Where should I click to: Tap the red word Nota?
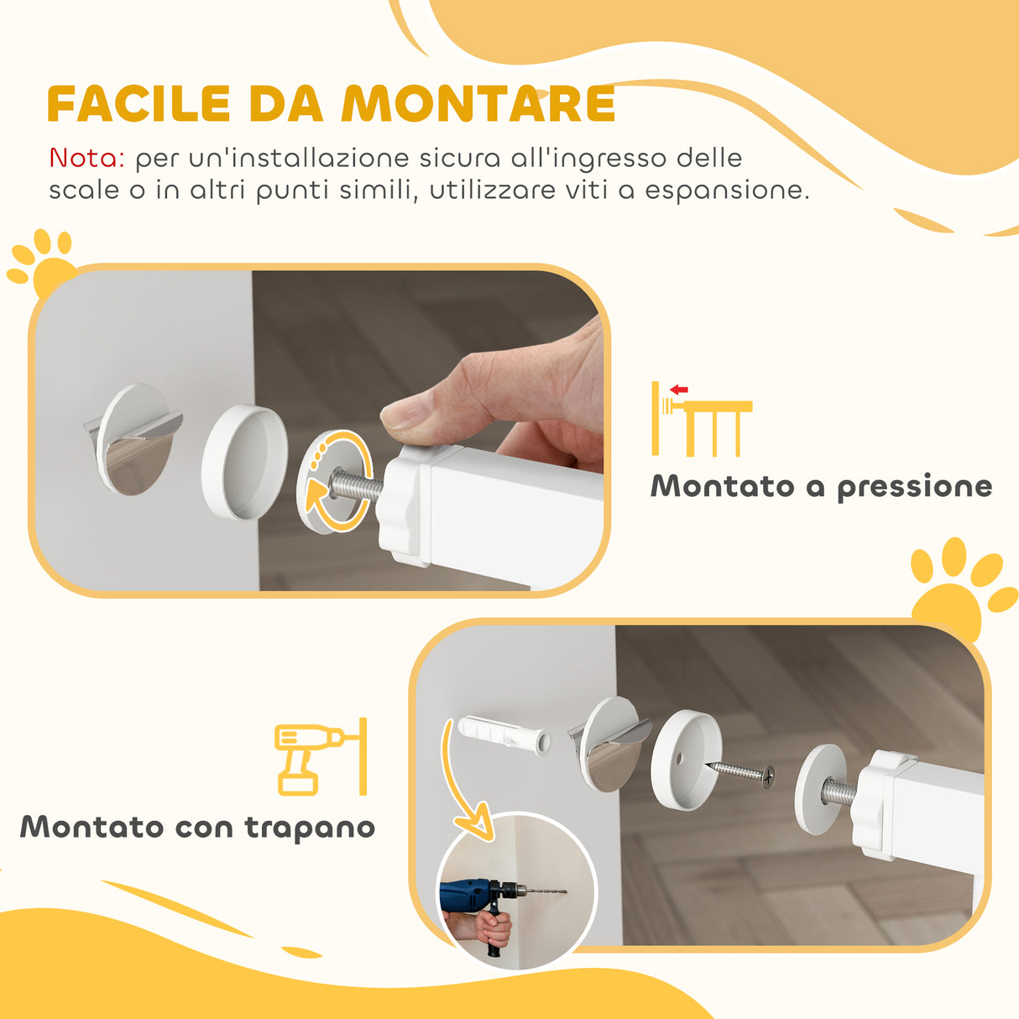pos(86,158)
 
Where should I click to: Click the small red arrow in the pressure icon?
pos(679,389)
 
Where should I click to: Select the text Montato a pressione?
pos(821,487)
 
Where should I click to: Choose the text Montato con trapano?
pos(197,827)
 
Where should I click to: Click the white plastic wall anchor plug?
pos(504,735)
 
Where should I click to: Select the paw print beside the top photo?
pos(40,262)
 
